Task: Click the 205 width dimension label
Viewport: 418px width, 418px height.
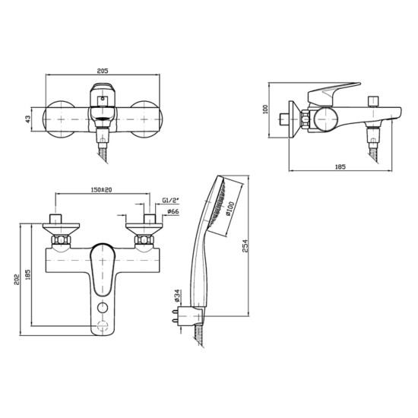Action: (103, 68)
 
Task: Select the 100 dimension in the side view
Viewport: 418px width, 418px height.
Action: (265, 109)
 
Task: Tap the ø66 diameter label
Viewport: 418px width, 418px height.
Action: (173, 211)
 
